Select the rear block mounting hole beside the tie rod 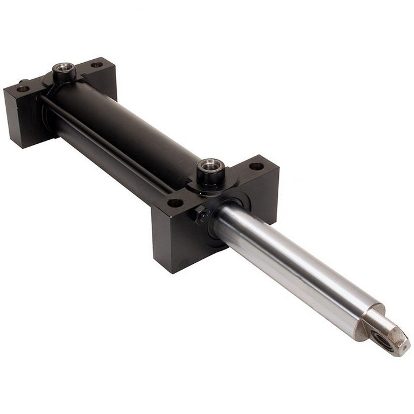(x=22, y=89)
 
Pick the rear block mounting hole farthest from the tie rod (x=97, y=65)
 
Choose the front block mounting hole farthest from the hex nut (x=256, y=166)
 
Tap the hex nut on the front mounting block (x=203, y=215)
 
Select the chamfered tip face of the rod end (x=397, y=339)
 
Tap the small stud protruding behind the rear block (x=23, y=81)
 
